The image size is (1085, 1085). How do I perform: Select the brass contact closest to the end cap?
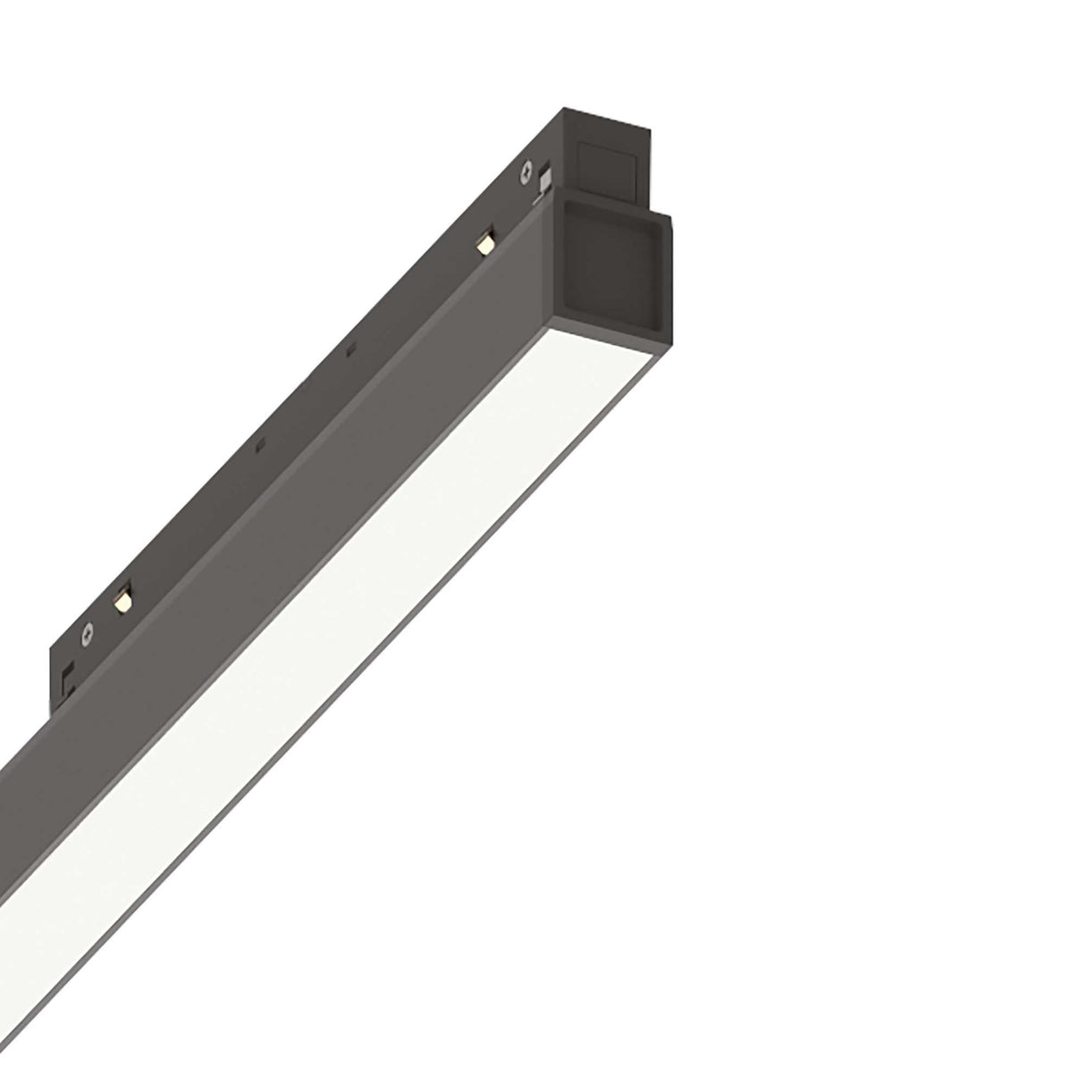pos(485,240)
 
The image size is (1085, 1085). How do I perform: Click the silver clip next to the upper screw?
pos(542,181)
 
